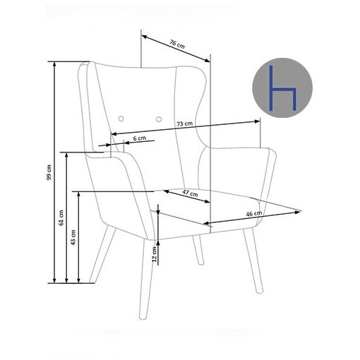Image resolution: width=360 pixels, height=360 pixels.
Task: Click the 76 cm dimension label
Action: point(177,44)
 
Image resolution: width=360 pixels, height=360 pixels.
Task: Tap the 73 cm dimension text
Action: point(185,124)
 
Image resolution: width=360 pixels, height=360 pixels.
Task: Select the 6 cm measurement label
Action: point(140,138)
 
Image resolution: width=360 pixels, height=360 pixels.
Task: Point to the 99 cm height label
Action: point(49,172)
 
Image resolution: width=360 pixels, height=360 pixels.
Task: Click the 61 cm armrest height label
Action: point(61,217)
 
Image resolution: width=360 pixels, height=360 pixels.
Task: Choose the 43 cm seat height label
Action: point(73,237)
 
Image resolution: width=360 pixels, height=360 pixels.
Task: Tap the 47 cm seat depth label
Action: point(190,193)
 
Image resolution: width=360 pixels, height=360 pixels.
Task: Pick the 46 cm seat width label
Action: point(254,214)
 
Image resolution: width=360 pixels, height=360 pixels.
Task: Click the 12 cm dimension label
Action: point(155,254)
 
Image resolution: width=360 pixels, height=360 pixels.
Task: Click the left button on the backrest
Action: point(121,119)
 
